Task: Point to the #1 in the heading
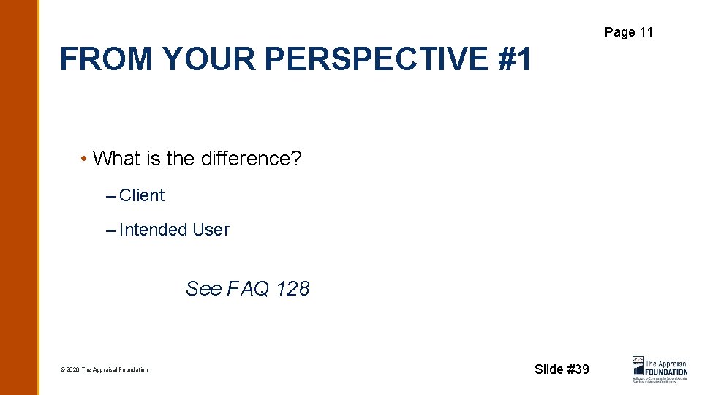coord(515,59)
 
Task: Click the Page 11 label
coord(628,31)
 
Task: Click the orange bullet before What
coord(85,159)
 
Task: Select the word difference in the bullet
coord(244,158)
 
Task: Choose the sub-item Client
coord(142,195)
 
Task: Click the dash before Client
coord(110,196)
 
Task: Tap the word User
coord(211,230)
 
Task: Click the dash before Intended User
coord(110,230)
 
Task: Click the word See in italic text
coord(203,288)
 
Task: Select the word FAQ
coord(249,288)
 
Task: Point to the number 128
coord(292,288)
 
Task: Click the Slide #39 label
coord(562,369)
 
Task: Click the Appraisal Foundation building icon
coord(638,366)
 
